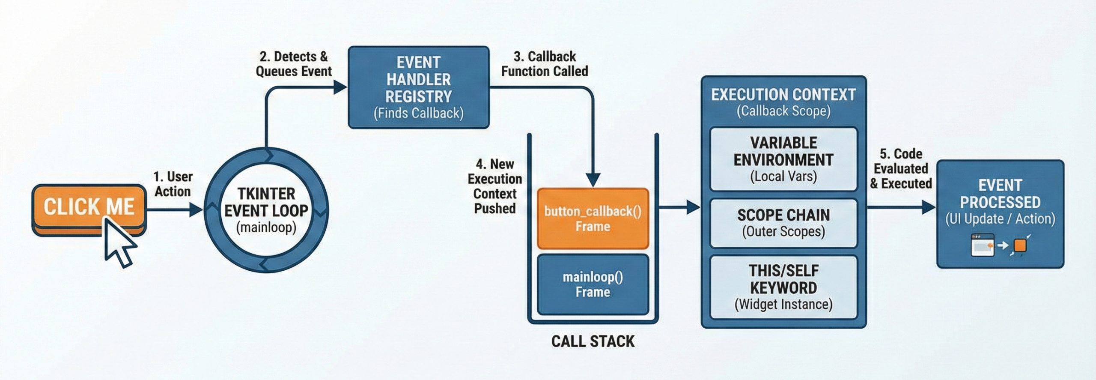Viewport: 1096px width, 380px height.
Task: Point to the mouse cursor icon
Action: click(x=120, y=242)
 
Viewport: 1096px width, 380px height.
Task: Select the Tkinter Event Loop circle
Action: click(x=266, y=210)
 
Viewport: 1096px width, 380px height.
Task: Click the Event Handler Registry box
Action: click(x=418, y=87)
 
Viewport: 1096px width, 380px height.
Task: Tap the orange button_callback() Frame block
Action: click(x=593, y=218)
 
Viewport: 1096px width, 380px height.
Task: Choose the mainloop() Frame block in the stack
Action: click(x=593, y=284)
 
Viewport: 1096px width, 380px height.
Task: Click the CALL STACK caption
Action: click(x=593, y=341)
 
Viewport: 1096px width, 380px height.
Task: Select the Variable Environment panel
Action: click(x=783, y=159)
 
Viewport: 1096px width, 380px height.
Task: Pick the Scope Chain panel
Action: click(x=783, y=223)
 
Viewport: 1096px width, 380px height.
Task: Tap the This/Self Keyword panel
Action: click(x=783, y=287)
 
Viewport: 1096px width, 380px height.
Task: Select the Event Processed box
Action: click(x=1000, y=214)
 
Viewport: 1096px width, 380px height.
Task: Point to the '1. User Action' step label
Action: click(x=173, y=184)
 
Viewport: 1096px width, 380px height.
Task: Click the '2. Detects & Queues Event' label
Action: click(x=294, y=64)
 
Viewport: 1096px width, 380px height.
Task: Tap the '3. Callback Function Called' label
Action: click(x=545, y=64)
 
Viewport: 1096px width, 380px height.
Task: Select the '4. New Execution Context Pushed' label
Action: click(x=495, y=186)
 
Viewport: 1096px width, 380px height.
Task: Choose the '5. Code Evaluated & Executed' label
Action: click(x=901, y=168)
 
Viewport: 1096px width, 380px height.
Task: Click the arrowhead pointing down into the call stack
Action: click(x=593, y=180)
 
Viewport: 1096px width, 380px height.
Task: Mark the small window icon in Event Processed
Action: click(x=983, y=245)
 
